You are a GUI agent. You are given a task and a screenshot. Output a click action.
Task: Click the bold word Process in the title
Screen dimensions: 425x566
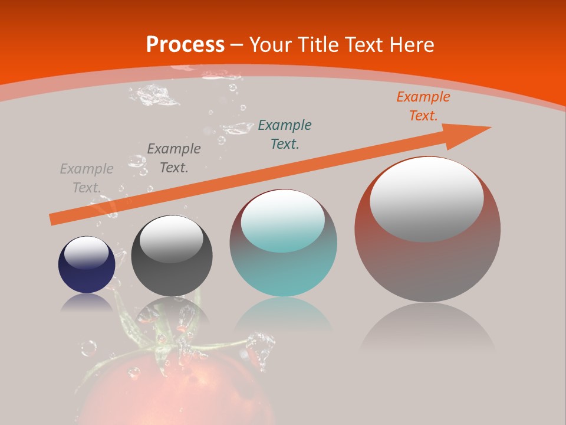(x=185, y=45)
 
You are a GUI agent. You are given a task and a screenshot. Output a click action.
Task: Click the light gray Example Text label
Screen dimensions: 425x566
(x=87, y=178)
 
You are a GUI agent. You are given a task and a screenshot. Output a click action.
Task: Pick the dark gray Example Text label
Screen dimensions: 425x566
(x=174, y=158)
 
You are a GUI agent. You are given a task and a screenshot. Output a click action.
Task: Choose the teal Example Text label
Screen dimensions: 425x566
(x=285, y=134)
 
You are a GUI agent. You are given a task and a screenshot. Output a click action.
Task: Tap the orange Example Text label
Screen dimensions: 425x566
(x=423, y=106)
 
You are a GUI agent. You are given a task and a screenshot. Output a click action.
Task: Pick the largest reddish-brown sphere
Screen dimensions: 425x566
(x=427, y=266)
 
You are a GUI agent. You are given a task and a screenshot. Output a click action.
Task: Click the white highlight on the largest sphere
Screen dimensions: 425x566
(x=427, y=198)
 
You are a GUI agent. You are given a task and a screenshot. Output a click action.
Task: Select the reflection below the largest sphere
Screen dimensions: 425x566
(x=427, y=328)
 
